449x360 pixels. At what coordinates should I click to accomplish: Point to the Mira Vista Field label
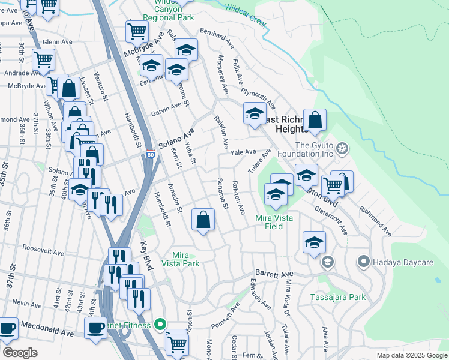pos(274,222)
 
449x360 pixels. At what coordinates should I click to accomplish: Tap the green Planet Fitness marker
pos(160,325)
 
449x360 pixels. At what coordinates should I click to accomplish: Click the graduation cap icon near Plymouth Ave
pos(255,113)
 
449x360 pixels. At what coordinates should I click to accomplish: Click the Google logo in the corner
pos(20,353)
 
